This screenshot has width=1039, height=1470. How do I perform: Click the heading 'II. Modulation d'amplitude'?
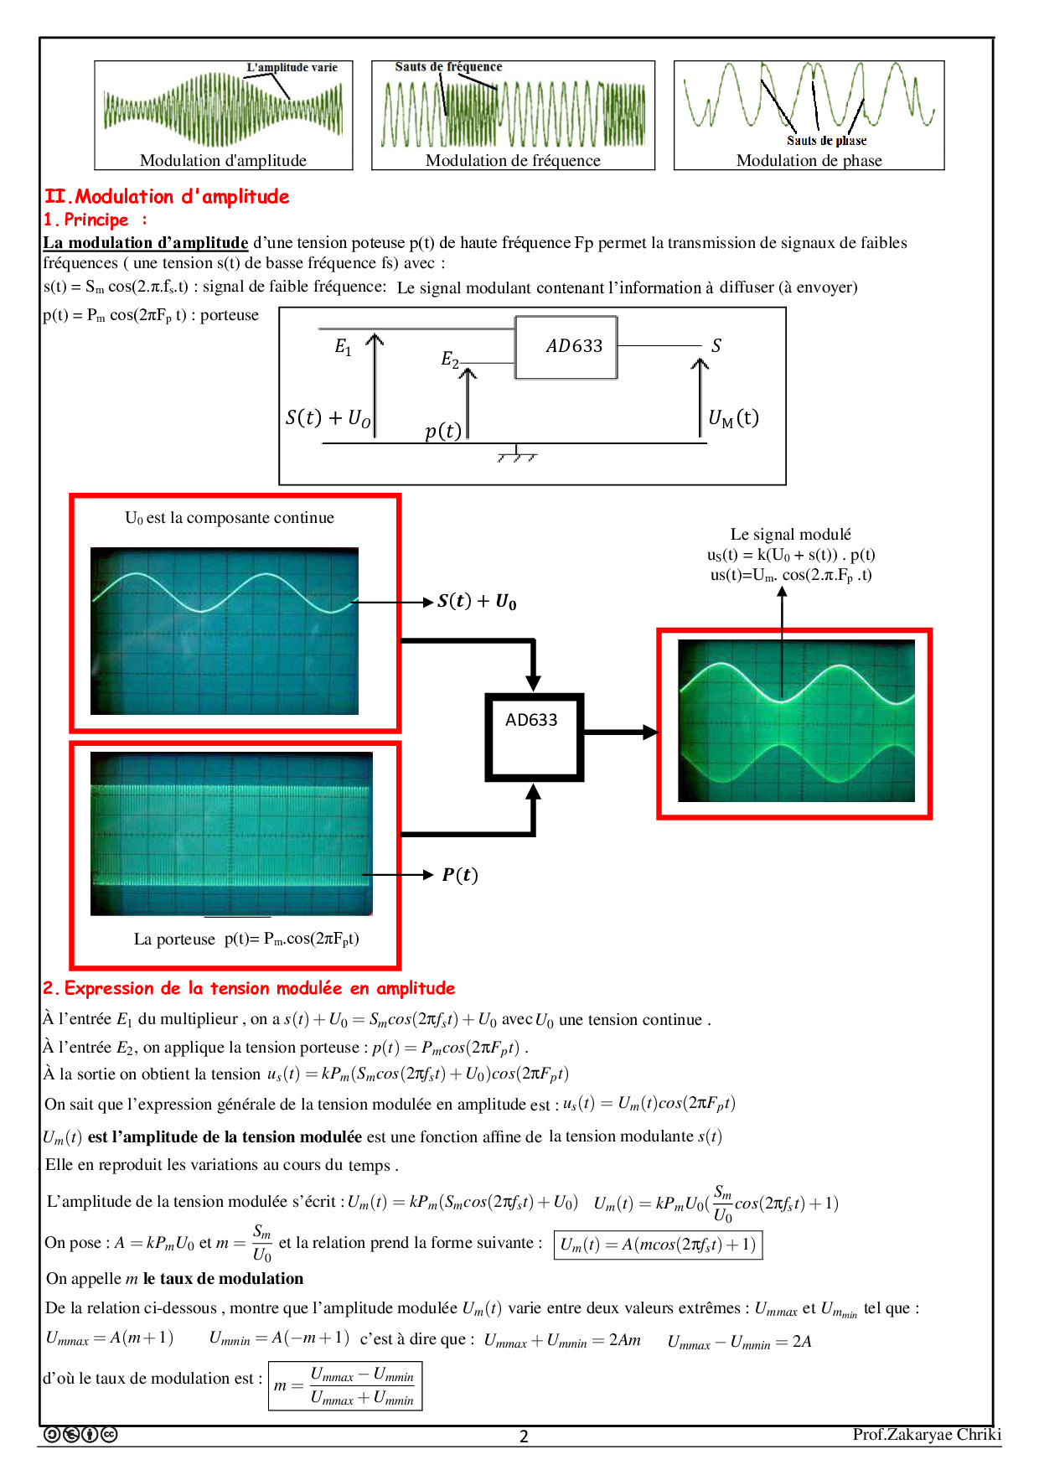pyautogui.click(x=167, y=197)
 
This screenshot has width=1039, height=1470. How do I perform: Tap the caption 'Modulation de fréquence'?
pyautogui.click(x=513, y=161)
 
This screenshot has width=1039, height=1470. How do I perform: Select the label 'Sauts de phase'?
pyautogui.click(x=826, y=141)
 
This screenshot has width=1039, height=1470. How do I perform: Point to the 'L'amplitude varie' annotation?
pyautogui.click(x=292, y=68)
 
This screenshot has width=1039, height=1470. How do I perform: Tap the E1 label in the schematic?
pyautogui.click(x=343, y=346)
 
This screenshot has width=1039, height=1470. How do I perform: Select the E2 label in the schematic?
pyautogui.click(x=450, y=360)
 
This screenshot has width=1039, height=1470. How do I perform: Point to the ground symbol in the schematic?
pyautogui.click(x=516, y=455)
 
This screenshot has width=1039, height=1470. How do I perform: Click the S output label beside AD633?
pyautogui.click(x=716, y=345)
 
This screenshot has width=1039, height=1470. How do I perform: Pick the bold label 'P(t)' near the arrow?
pyautogui.click(x=460, y=875)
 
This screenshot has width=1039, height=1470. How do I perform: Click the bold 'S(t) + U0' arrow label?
pyautogui.click(x=477, y=602)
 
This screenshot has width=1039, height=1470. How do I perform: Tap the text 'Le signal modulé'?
pyautogui.click(x=790, y=535)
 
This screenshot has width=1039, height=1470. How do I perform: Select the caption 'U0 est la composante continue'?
pyautogui.click(x=230, y=518)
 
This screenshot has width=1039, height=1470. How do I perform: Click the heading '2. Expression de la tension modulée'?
pyautogui.click(x=249, y=989)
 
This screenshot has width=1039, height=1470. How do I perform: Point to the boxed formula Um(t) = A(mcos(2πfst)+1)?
pyautogui.click(x=658, y=1245)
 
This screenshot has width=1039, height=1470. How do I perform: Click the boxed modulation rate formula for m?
pyautogui.click(x=345, y=1386)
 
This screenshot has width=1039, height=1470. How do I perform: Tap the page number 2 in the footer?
pyautogui.click(x=524, y=1436)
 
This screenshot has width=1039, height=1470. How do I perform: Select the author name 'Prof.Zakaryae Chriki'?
pyautogui.click(x=927, y=1435)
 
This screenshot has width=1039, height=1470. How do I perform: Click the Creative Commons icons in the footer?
pyautogui.click(x=80, y=1435)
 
